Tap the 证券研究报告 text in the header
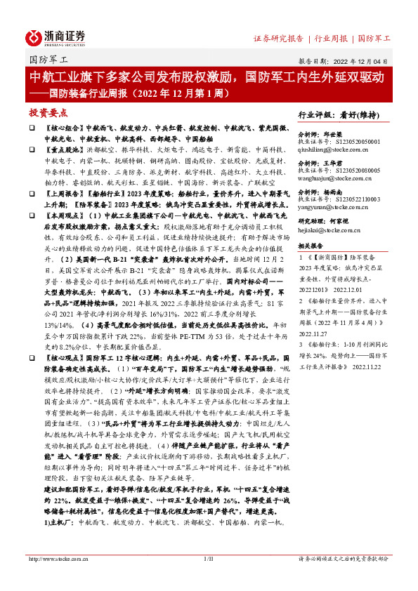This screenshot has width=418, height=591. click(278, 37)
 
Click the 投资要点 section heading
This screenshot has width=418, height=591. click(48, 112)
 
